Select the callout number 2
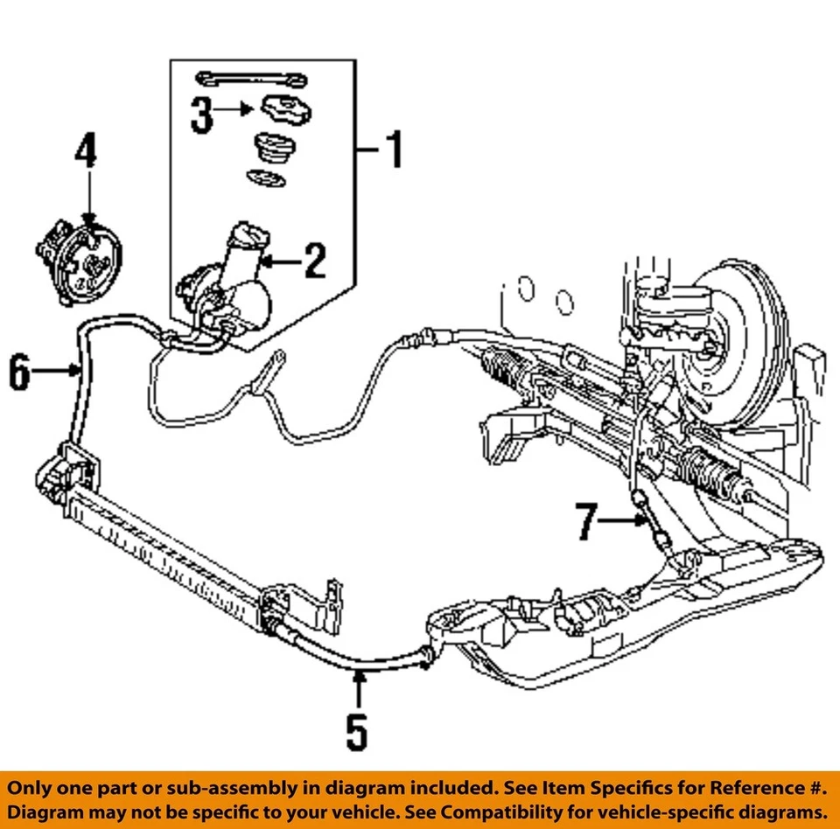pyautogui.click(x=314, y=261)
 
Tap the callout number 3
pyautogui.click(x=202, y=115)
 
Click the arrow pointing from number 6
pyautogui.click(x=61, y=372)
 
